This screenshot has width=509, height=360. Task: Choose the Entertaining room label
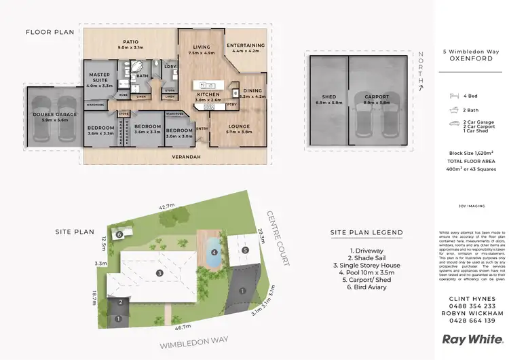(x=246, y=46)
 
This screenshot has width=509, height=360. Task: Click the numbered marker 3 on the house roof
(x=159, y=273)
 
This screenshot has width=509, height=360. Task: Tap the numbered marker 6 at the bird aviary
(x=119, y=234)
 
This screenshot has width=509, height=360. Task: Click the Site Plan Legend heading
(x=366, y=232)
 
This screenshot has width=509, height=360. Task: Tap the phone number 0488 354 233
(x=468, y=307)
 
